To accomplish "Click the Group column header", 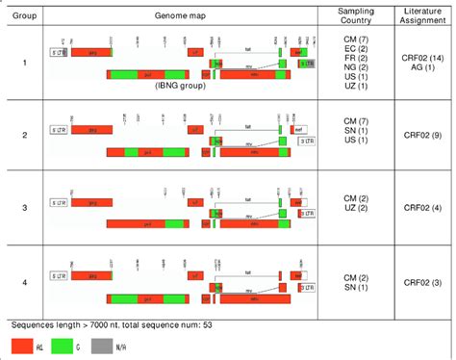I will tap(24, 17).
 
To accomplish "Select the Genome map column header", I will tap(175, 17).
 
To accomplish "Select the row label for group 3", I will tap(24, 207).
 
